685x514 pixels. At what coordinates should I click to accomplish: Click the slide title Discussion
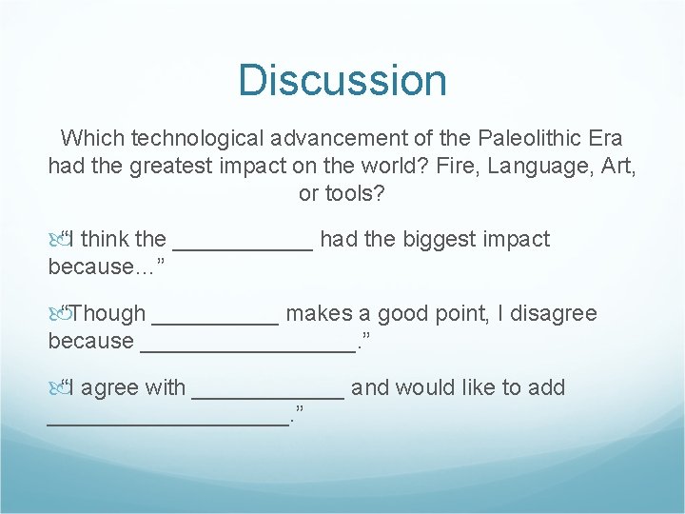point(342,80)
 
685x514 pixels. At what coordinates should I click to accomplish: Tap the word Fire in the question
point(454,167)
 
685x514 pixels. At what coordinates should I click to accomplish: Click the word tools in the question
point(358,194)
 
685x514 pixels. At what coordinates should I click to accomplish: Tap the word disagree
point(549,313)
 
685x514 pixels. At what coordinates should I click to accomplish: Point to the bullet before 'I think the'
point(56,239)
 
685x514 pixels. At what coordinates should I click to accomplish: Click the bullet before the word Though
point(56,313)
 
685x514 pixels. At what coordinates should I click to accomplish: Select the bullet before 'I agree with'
point(56,387)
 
